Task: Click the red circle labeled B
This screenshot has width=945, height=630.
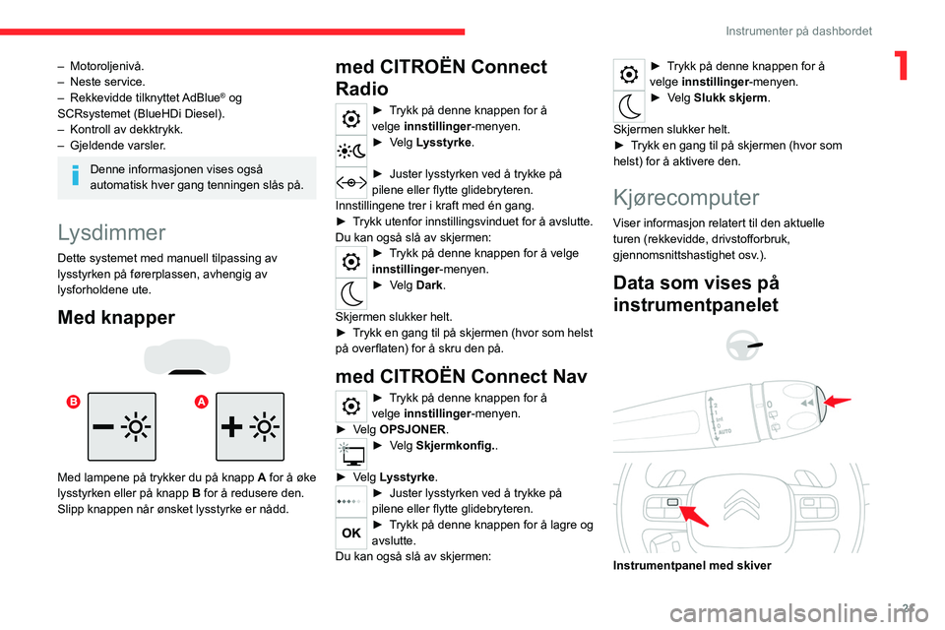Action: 73,402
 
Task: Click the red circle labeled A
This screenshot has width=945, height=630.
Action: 201,402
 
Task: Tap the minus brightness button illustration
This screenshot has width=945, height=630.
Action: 122,427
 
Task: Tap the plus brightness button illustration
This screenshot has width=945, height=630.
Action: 250,427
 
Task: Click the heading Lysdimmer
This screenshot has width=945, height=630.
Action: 111,232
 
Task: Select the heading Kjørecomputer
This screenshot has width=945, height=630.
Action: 686,198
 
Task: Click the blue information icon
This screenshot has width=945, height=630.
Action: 76,175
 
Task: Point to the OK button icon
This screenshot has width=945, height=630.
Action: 350,533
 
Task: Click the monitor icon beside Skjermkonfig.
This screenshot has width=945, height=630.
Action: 350,454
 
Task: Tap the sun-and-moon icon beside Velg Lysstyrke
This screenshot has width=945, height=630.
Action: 350,151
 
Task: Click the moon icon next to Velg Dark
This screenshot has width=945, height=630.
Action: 350,293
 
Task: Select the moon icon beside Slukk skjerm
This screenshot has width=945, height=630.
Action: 629,106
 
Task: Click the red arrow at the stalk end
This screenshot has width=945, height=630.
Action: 838,401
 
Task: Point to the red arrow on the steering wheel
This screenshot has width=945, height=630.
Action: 694,516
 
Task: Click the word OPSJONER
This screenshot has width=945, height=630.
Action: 412,430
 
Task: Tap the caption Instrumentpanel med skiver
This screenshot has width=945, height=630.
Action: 692,565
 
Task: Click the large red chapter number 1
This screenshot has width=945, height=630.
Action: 902,65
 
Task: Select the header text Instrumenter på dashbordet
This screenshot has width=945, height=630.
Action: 798,31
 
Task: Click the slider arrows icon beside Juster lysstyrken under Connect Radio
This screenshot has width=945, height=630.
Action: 350,182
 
